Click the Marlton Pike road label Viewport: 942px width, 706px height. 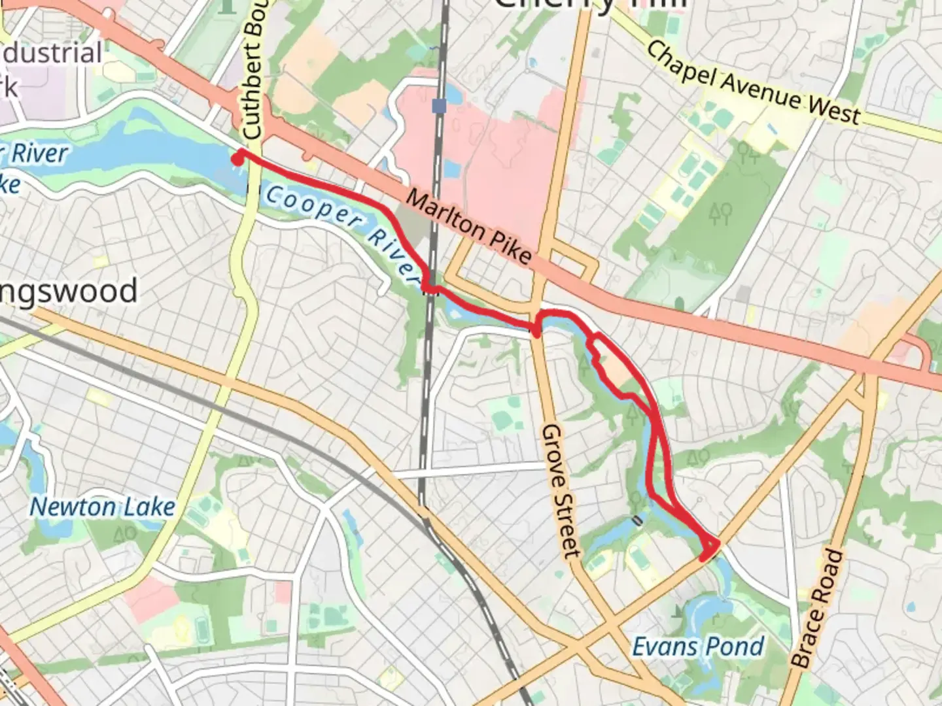tap(468, 226)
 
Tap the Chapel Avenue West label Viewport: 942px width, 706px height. tap(752, 84)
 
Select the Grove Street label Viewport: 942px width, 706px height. tap(561, 490)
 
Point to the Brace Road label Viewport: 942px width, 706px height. tap(817, 608)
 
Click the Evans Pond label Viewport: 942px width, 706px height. tap(697, 647)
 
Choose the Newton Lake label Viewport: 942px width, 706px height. tap(103, 507)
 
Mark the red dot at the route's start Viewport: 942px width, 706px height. tap(238, 157)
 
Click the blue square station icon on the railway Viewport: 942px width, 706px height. tap(439, 105)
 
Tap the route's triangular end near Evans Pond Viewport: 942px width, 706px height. tap(709, 548)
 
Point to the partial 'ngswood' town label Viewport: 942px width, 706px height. tap(69, 291)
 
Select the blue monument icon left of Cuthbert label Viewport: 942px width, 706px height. tap(228, 5)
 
